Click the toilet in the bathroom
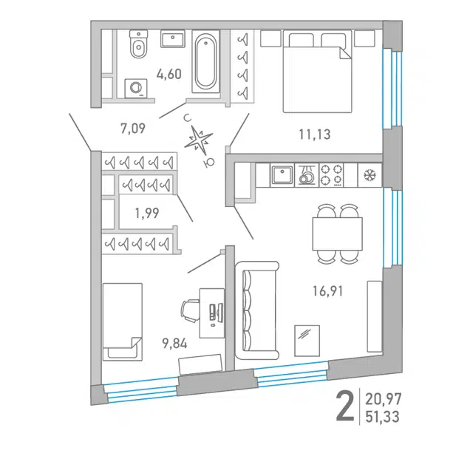coord(139,44)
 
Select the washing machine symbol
coord(136,88)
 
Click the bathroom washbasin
coord(172,38)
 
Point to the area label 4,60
coord(169,74)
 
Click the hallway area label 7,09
coord(133,128)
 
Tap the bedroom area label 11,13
coord(315,135)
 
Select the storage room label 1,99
coord(147,214)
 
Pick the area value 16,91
coord(328,291)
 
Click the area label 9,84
coord(175,344)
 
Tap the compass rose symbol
coord(198,139)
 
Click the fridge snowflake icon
coord(369,175)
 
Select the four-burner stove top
coord(331,175)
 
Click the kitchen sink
coord(282,174)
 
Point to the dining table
coord(337,234)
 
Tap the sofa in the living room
coord(256,310)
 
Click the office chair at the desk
coord(190,311)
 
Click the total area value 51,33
coord(382,417)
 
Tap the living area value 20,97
coord(383,399)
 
